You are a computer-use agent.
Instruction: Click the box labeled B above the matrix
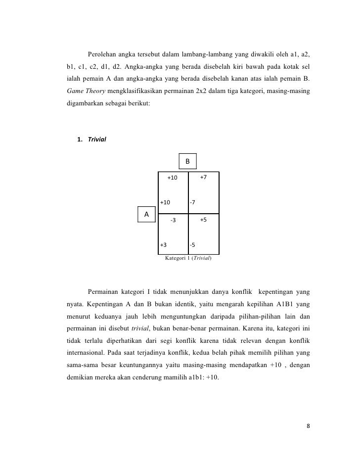tap(187, 162)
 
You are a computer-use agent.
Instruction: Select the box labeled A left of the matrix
tap(146, 214)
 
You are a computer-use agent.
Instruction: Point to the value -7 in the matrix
tap(193, 202)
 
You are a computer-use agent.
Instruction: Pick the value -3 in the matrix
tap(173, 220)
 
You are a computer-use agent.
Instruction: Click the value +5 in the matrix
tap(203, 219)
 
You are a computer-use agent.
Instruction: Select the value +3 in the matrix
tap(163, 245)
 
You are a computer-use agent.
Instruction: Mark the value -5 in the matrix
tap(193, 245)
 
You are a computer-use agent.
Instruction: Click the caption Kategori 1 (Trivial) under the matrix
tap(188, 258)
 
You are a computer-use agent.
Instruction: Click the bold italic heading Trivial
tap(97, 139)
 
